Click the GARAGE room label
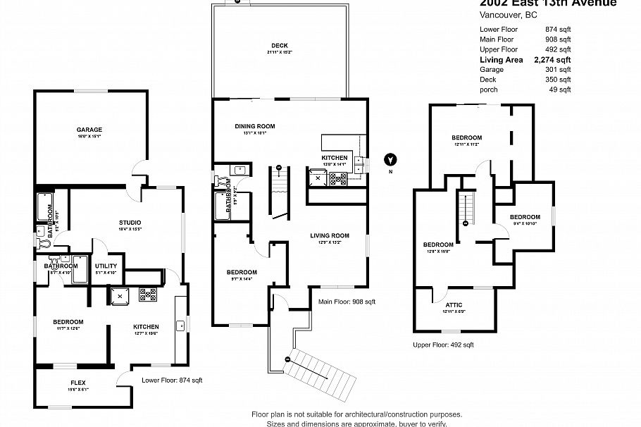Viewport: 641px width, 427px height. click(x=89, y=130)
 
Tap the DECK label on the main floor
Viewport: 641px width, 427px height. click(x=279, y=46)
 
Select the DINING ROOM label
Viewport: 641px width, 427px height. click(x=254, y=126)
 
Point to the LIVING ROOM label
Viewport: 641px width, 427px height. click(x=330, y=236)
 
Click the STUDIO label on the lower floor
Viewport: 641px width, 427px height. click(x=130, y=223)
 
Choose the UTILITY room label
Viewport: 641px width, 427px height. click(x=106, y=266)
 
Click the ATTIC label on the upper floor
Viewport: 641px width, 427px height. click(x=454, y=305)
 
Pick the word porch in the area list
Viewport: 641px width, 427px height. click(x=489, y=89)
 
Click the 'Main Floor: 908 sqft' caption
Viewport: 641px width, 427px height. click(x=347, y=302)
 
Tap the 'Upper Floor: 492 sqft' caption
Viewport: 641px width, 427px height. click(x=443, y=345)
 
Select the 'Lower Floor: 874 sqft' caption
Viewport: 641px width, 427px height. click(x=172, y=380)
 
